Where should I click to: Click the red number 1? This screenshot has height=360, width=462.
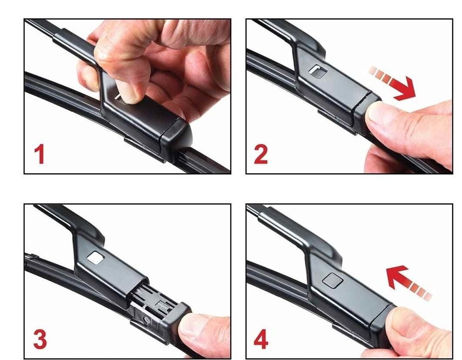click(40, 155)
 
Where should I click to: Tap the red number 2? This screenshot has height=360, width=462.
click(261, 155)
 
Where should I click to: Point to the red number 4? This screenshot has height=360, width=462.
click(261, 340)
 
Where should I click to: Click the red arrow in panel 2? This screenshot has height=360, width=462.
click(393, 84)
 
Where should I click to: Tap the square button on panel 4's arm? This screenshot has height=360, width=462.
click(333, 280)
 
